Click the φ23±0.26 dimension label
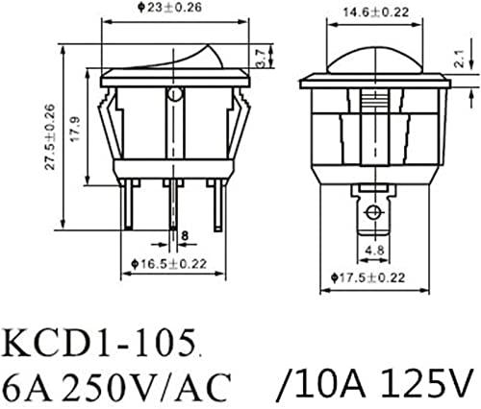point(170,8)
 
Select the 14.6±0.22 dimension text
point(376,12)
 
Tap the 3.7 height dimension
point(261,58)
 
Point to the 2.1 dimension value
point(461,59)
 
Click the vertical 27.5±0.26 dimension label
point(50,137)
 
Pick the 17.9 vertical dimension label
point(76,129)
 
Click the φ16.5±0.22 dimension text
point(169,264)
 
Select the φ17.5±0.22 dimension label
point(368,277)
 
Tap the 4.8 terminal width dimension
point(375,250)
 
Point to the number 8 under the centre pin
point(185,236)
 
